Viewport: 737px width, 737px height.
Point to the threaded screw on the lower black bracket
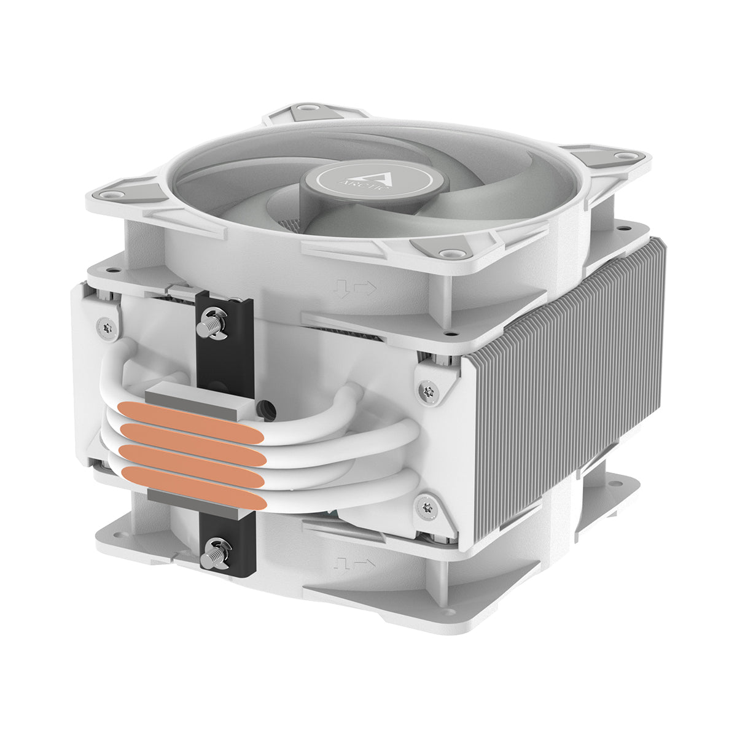pyautogui.click(x=217, y=546)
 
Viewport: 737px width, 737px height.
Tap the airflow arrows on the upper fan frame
pyautogui.click(x=353, y=287)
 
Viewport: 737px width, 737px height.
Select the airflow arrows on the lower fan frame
pyautogui.click(x=354, y=563)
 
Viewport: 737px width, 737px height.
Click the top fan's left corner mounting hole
pyautogui.click(x=111, y=195)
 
